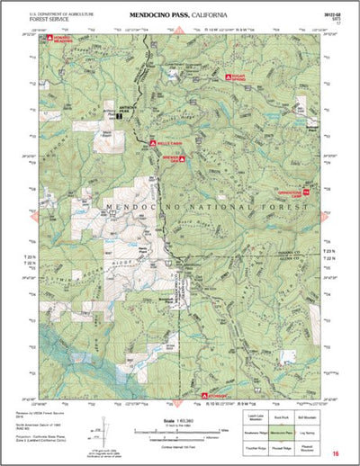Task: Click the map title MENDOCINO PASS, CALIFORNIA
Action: [178, 15]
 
